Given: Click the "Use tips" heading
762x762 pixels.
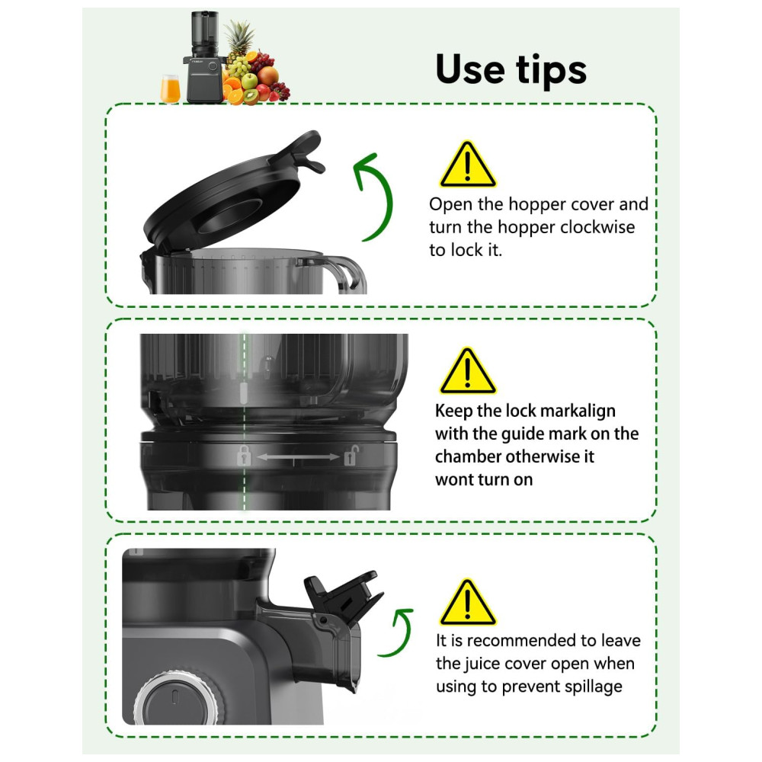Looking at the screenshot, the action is click(511, 69).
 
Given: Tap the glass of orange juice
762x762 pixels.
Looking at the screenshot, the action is click(170, 89).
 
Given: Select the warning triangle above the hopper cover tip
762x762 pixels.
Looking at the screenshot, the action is click(468, 165).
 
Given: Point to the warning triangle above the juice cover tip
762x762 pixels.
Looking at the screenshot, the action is click(468, 602).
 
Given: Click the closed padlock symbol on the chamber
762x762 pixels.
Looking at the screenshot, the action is click(244, 456).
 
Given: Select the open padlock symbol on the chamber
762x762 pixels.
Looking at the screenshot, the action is click(351, 456).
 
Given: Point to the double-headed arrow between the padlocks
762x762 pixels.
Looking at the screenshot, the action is click(297, 456).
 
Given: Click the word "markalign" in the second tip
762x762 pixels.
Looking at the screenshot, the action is click(578, 411).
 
